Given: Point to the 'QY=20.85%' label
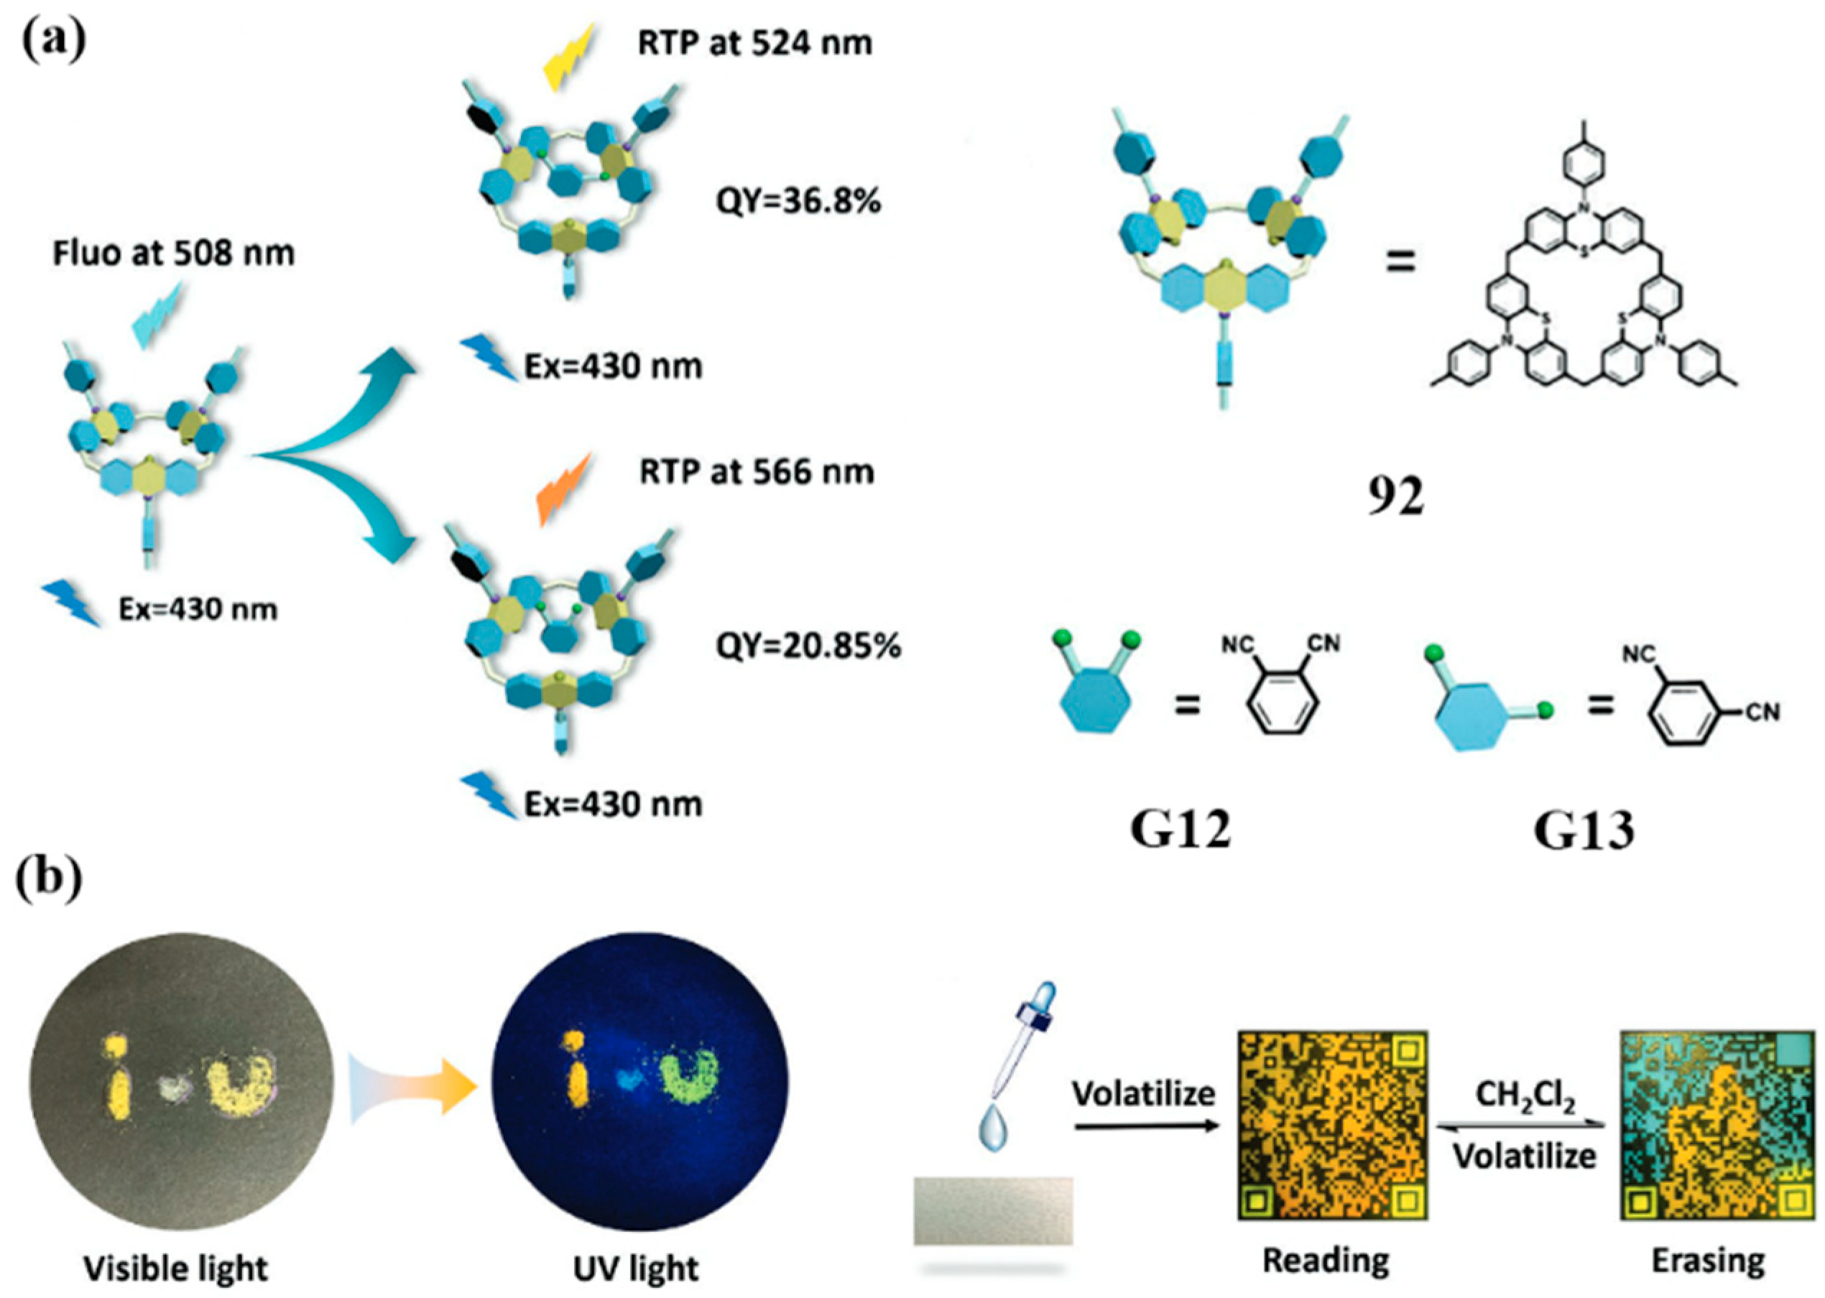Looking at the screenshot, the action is coord(808,645).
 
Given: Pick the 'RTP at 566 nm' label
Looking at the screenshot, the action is coord(756,473).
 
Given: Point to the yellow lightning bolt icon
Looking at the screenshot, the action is coord(568,57).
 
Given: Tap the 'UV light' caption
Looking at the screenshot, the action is coord(637,1268).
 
